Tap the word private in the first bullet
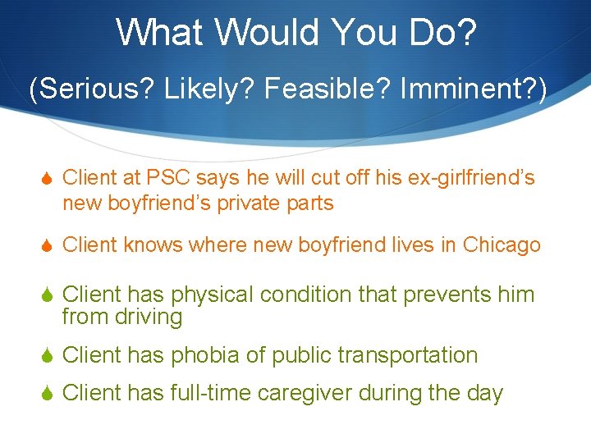[x=253, y=203]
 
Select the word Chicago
[x=502, y=245]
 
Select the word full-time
[x=209, y=394]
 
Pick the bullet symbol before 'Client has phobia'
[x=48, y=356]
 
